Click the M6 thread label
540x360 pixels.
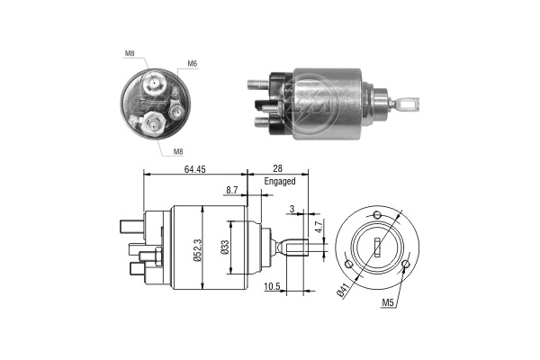[192, 64]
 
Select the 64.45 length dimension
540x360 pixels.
[194, 168]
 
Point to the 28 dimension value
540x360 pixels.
[277, 168]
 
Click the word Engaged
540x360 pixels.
[280, 181]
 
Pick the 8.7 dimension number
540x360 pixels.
[232, 190]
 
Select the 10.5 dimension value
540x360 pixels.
[272, 287]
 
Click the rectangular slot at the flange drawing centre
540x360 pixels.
[377, 245]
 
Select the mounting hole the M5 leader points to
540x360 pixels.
[406, 265]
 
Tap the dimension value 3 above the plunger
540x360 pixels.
[292, 211]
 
